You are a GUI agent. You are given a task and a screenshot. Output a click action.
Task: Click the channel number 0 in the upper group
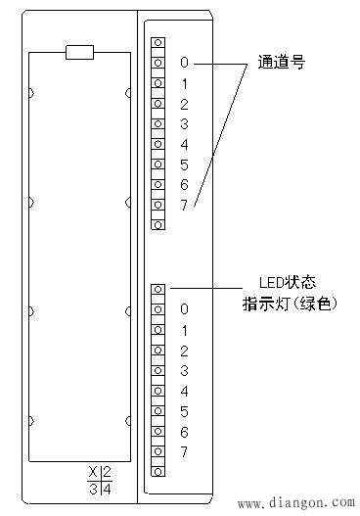tap(184, 63)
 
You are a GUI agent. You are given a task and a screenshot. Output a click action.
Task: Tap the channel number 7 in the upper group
tap(184, 204)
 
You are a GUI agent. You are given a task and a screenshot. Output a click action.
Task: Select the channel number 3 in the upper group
tap(184, 123)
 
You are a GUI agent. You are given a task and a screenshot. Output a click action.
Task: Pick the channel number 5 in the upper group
tap(184, 164)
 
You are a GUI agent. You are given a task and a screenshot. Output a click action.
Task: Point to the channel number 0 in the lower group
tap(184, 309)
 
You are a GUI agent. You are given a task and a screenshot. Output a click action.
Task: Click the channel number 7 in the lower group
tap(184, 451)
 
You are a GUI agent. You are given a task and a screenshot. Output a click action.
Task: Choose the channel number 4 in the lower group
tap(184, 391)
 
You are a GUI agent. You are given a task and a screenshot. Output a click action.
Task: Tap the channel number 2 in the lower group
tap(184, 350)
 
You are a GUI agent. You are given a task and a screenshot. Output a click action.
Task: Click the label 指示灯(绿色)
tap(290, 305)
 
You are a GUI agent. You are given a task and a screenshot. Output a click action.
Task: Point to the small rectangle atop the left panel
tap(79, 51)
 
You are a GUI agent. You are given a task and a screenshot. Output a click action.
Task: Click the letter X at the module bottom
tap(93, 472)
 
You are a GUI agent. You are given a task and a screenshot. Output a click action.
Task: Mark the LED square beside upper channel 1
tap(157, 83)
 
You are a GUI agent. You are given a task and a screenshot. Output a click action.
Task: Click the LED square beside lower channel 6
tap(157, 431)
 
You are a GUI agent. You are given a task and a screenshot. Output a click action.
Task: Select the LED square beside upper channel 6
tap(157, 184)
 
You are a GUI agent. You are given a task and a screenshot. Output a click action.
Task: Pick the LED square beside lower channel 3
tap(157, 370)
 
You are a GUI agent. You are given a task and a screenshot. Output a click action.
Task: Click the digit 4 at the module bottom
tap(106, 489)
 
